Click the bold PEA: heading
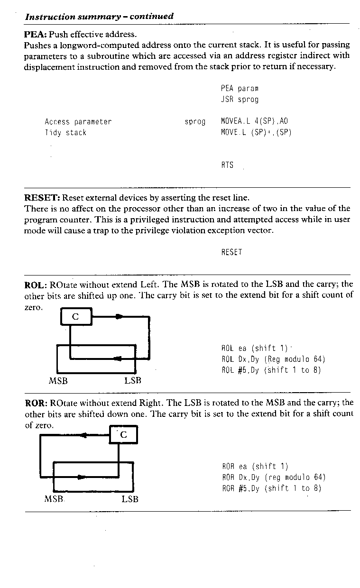(35, 35)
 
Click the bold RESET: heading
(42, 197)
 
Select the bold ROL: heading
(36, 285)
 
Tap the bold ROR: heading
(36, 403)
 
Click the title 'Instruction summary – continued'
(99, 17)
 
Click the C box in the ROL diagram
(76, 317)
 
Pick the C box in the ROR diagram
(123, 435)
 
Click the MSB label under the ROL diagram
(58, 381)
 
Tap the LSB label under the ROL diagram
(133, 381)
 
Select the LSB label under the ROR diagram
(130, 499)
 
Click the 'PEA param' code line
(240, 89)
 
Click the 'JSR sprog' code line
(240, 100)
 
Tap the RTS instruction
(227, 165)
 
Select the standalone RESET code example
(231, 252)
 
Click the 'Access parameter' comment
(78, 122)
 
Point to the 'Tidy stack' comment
(65, 133)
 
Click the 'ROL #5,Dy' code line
(271, 370)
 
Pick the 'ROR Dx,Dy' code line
(274, 477)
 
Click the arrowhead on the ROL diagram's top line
(119, 317)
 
